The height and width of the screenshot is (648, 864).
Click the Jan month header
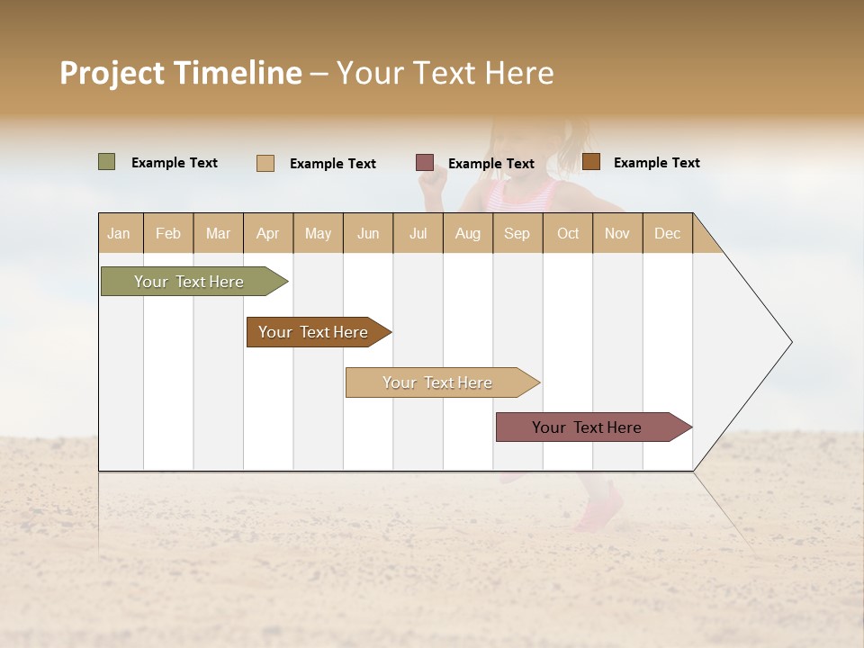pyautogui.click(x=120, y=233)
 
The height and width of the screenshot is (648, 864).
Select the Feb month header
pyautogui.click(x=168, y=233)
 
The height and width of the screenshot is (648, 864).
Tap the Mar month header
pyautogui.click(x=218, y=233)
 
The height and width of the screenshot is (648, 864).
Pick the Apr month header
pyautogui.click(x=268, y=233)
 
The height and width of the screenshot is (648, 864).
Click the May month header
pyautogui.click(x=318, y=233)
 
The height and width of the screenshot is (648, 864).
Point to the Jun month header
pyautogui.click(x=368, y=233)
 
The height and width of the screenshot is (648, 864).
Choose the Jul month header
pyautogui.click(x=418, y=233)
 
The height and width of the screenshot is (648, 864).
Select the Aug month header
pyautogui.click(x=468, y=233)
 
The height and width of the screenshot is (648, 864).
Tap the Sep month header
pyautogui.click(x=517, y=233)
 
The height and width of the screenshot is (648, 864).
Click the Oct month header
pyautogui.click(x=568, y=233)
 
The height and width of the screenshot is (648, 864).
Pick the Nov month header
pyautogui.click(x=617, y=233)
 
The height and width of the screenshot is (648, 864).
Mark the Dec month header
pyautogui.click(x=668, y=233)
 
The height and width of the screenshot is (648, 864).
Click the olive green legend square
pyautogui.click(x=107, y=162)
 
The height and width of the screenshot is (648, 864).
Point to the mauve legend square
pyautogui.click(x=425, y=162)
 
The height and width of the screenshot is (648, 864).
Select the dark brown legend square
pyautogui.click(x=591, y=162)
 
